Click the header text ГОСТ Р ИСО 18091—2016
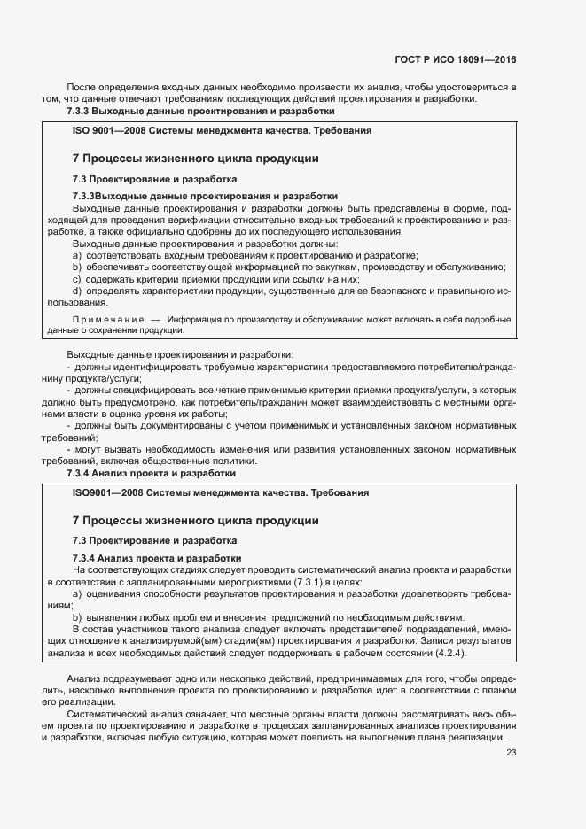[x=455, y=59]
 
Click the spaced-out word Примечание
[x=108, y=319]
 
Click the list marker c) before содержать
[x=77, y=279]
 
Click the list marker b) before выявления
[x=77, y=617]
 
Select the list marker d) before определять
[x=77, y=291]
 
